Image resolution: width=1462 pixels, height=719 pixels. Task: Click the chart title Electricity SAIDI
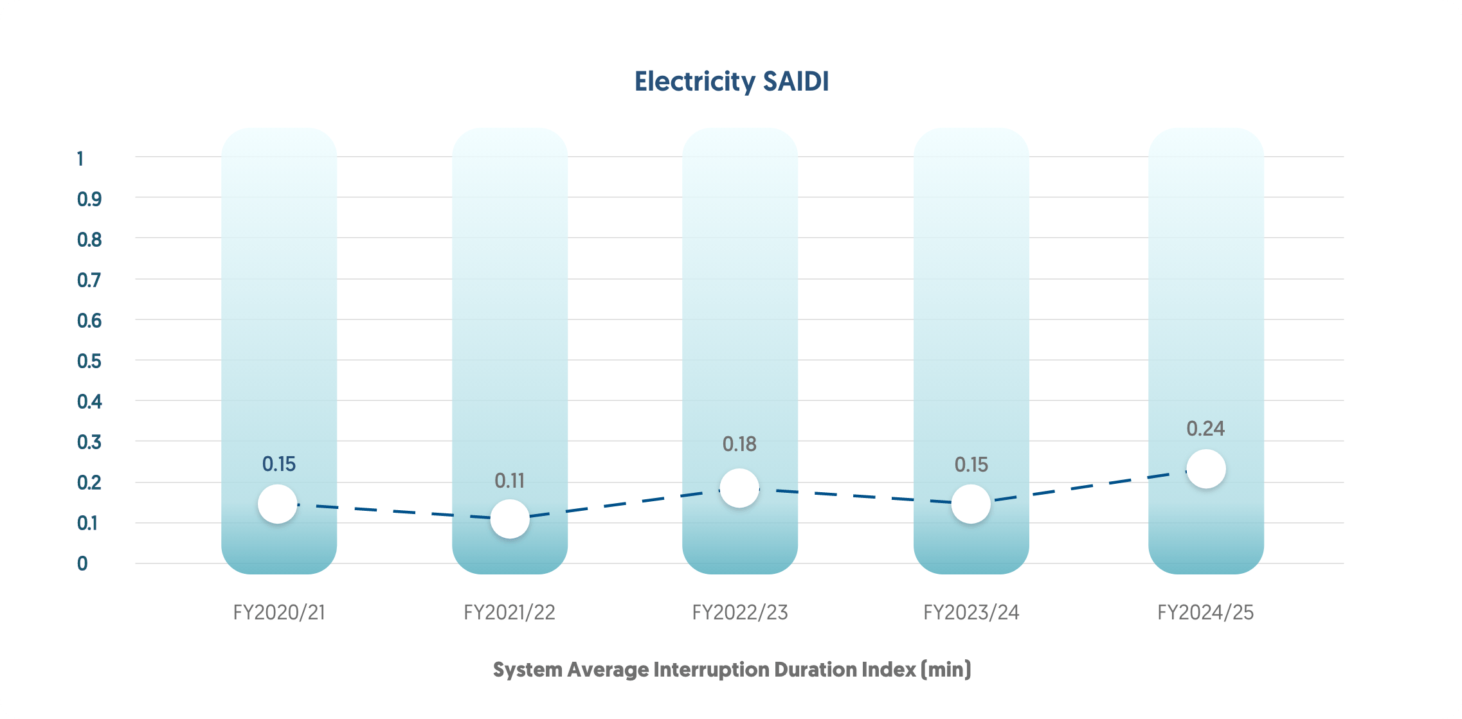pyautogui.click(x=732, y=82)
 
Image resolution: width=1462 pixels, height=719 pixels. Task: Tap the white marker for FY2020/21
pyautogui.click(x=278, y=504)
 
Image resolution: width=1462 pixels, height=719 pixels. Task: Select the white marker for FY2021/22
pyautogui.click(x=510, y=519)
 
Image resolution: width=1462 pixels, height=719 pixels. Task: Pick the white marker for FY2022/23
pyautogui.click(x=739, y=488)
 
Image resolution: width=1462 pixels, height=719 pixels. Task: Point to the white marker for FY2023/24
pyautogui.click(x=971, y=504)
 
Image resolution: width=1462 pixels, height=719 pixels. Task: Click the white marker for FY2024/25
pyautogui.click(x=1206, y=469)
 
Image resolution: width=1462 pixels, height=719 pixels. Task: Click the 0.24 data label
pyautogui.click(x=1205, y=429)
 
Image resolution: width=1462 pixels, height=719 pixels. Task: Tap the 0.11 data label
pyautogui.click(x=510, y=481)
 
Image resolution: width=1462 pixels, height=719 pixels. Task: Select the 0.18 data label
pyautogui.click(x=739, y=444)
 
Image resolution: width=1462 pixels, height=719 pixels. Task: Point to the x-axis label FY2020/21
pyautogui.click(x=279, y=612)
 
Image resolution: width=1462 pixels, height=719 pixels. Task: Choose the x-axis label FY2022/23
pyautogui.click(x=740, y=612)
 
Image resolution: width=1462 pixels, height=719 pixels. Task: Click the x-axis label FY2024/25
pyautogui.click(x=1205, y=612)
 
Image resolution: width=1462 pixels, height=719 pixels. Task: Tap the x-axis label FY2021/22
pyautogui.click(x=509, y=612)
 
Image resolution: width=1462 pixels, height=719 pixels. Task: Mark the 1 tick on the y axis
pyautogui.click(x=80, y=159)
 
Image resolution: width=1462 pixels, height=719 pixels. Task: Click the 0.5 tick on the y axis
pyautogui.click(x=89, y=361)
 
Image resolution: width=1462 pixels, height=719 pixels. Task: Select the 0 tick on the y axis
pyautogui.click(x=82, y=564)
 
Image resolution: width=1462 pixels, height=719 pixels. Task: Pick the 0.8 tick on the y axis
pyautogui.click(x=89, y=240)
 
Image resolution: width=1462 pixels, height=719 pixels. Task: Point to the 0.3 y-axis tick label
pyautogui.click(x=89, y=442)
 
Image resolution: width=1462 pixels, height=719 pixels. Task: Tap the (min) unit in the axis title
pyautogui.click(x=946, y=670)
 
